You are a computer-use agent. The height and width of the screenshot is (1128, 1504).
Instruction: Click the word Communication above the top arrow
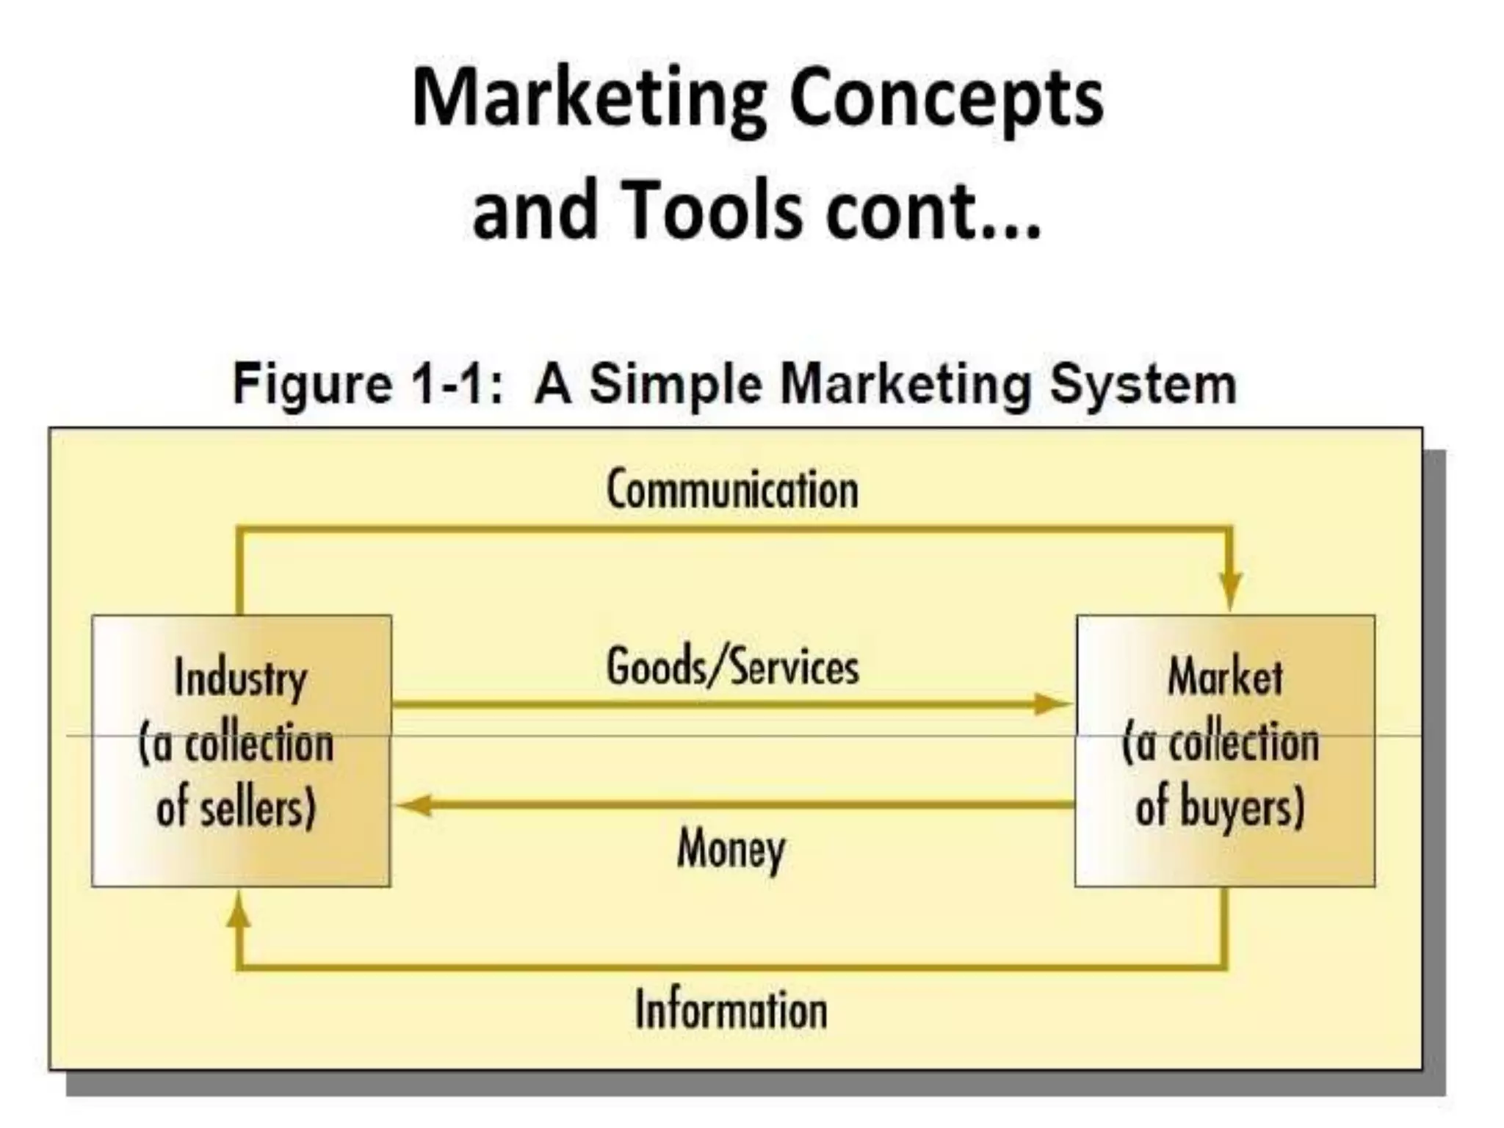[x=732, y=490]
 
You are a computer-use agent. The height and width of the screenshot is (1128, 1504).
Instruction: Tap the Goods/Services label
[x=732, y=668]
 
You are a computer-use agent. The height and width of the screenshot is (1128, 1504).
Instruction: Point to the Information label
[x=731, y=1010]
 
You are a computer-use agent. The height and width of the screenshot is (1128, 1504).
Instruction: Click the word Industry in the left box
[x=241, y=679]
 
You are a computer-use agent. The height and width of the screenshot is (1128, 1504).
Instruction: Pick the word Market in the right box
[x=1225, y=677]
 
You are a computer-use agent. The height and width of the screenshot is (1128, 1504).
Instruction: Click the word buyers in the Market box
[x=1241, y=807]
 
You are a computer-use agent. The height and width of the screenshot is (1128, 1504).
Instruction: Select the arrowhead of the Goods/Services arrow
[x=1052, y=704]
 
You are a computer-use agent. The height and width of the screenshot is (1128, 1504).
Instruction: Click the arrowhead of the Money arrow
[x=414, y=806]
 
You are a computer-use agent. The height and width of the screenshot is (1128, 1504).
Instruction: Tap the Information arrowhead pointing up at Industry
[x=238, y=914]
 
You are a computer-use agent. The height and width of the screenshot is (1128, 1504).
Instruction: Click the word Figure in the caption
[x=312, y=384]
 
